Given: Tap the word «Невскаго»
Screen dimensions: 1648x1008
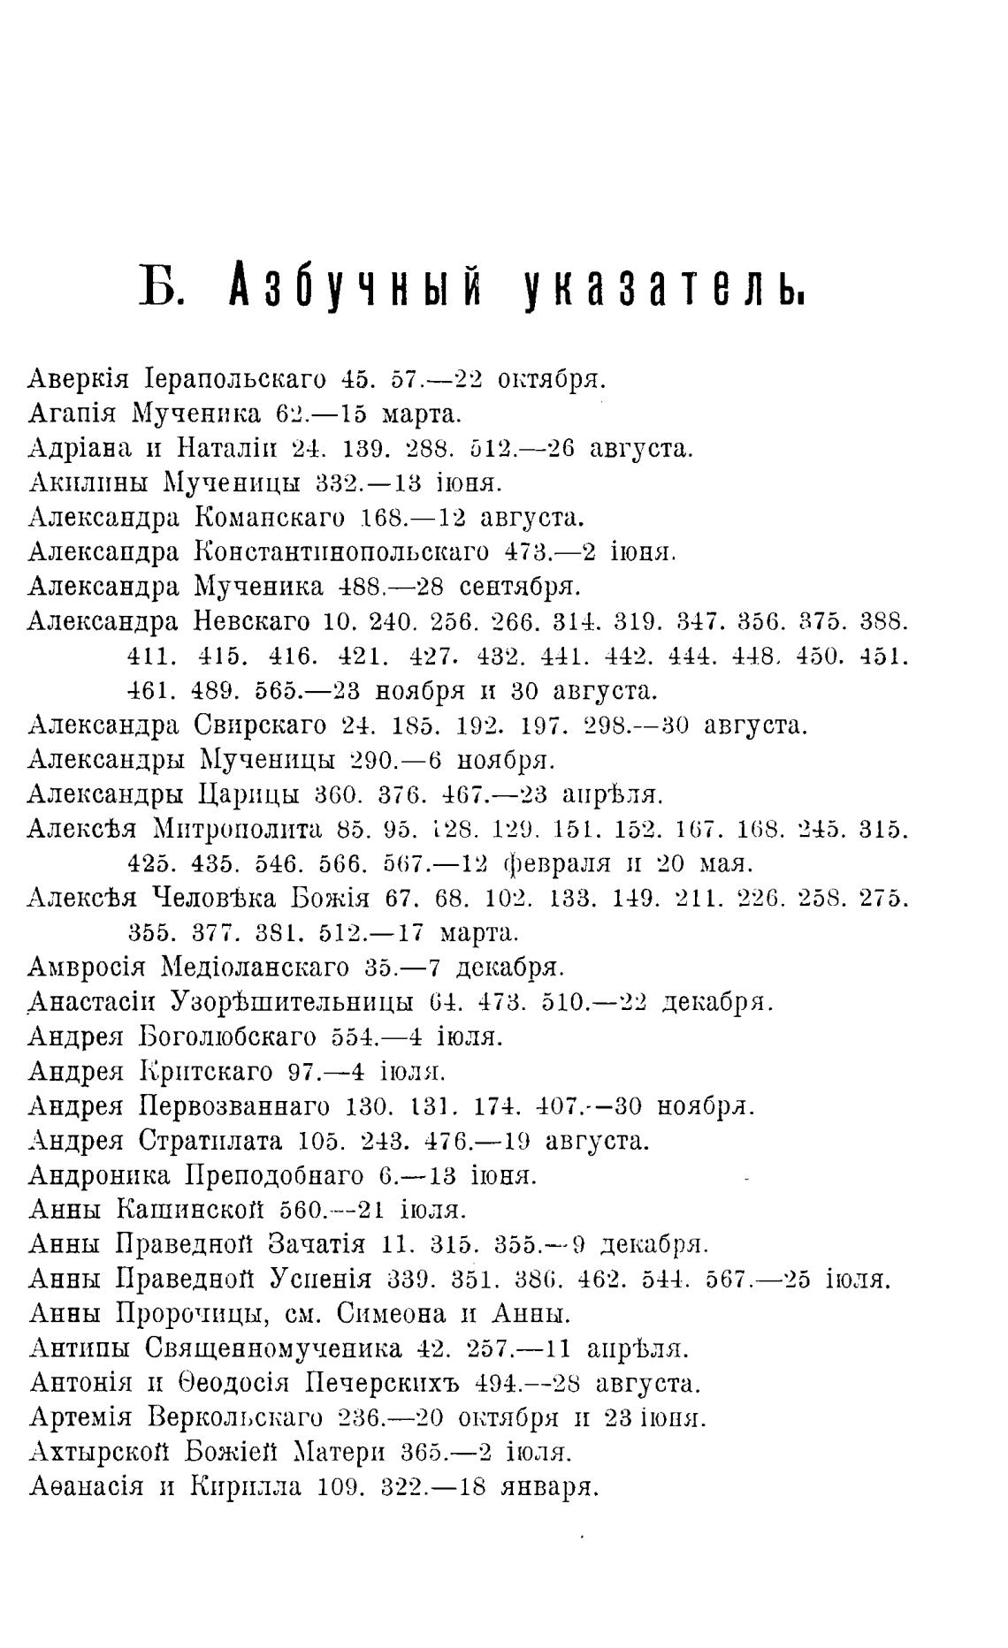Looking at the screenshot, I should pyautogui.click(x=250, y=621).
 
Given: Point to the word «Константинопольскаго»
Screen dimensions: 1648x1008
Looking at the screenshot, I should pyautogui.click(x=340, y=552).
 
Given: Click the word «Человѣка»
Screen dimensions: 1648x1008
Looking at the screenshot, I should pyautogui.click(x=215, y=898).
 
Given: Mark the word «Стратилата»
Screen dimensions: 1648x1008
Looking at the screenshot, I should pyautogui.click(x=210, y=1141).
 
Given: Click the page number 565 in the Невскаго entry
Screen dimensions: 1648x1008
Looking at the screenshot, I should pyautogui.click(x=273, y=689).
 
